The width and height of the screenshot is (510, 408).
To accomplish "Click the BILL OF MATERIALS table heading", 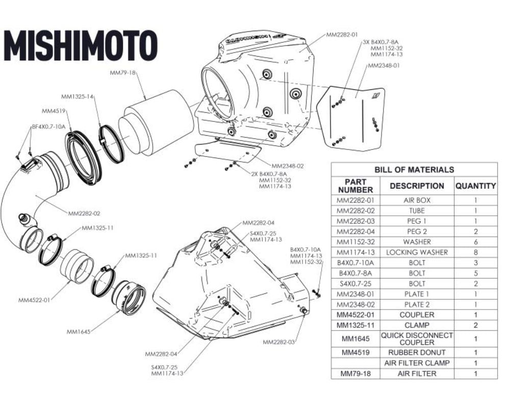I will pyautogui.click(x=414, y=169).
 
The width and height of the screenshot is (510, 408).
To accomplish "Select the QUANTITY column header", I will pyautogui.click(x=475, y=186).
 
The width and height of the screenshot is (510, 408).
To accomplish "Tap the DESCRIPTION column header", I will pyautogui.click(x=417, y=186).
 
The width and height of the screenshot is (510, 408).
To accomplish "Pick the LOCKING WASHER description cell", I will pyautogui.click(x=417, y=252).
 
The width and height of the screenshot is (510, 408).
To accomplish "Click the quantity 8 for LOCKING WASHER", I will pyautogui.click(x=475, y=252).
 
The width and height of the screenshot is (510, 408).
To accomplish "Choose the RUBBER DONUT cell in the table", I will pyautogui.click(x=417, y=352).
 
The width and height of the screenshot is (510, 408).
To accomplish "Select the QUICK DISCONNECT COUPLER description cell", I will pyautogui.click(x=417, y=339).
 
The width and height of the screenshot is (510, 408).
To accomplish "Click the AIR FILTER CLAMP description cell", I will pyautogui.click(x=417, y=363).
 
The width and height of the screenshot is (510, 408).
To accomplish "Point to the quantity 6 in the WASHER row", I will pyautogui.click(x=475, y=242).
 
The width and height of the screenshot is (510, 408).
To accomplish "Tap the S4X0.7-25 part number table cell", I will pyautogui.click(x=355, y=283).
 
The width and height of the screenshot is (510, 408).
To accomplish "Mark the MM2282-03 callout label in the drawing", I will pyautogui.click(x=278, y=342).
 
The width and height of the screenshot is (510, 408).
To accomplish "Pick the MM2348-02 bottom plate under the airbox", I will pyautogui.click(x=227, y=151).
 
